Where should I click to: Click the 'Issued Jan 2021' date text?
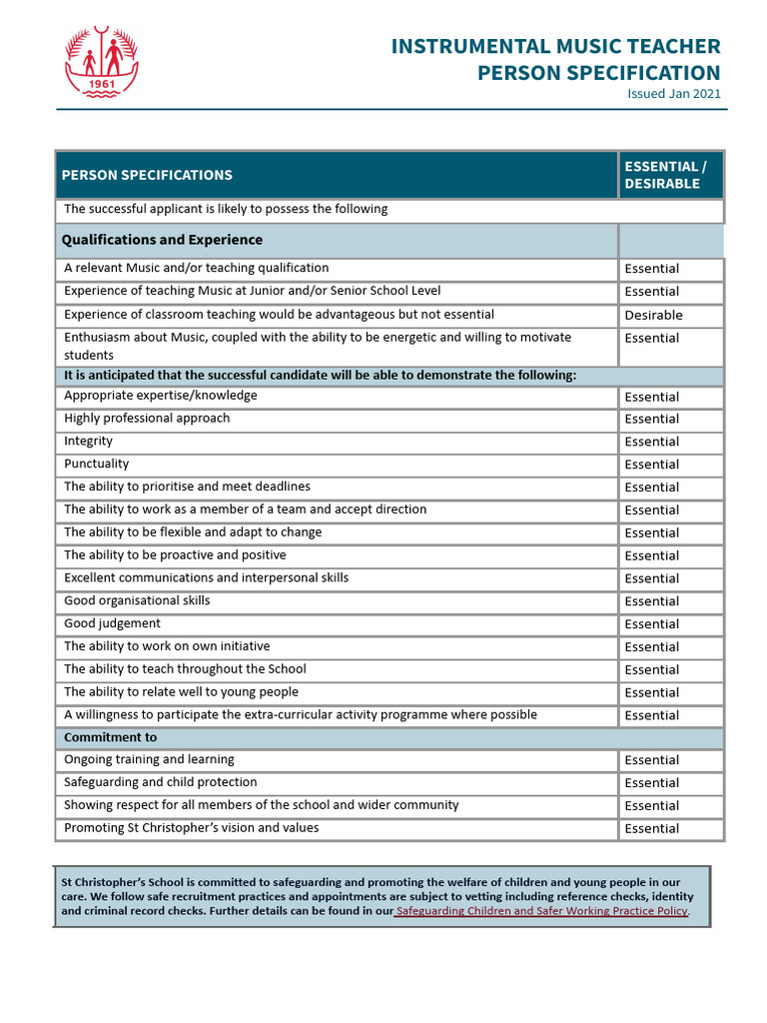[673, 94]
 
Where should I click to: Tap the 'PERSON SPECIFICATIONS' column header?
[147, 175]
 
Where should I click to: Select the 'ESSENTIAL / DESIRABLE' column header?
[664, 175]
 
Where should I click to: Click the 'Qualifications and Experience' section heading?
[162, 240]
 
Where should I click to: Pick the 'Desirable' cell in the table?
[653, 315]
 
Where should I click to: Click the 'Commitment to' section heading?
[110, 737]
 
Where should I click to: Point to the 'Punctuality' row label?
[96, 464]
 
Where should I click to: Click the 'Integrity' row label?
[88, 441]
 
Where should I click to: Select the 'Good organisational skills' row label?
[137, 600]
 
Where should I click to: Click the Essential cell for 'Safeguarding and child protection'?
[651, 783]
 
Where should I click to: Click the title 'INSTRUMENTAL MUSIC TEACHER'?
[555, 46]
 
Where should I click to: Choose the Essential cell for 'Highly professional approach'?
[651, 419]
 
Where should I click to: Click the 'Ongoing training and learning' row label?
[149, 759]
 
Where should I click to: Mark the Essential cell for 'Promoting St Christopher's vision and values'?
[651, 828]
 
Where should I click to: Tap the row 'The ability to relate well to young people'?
[181, 691]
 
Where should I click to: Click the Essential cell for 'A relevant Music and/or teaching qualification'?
[651, 269]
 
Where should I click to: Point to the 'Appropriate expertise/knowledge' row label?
[160, 396]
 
